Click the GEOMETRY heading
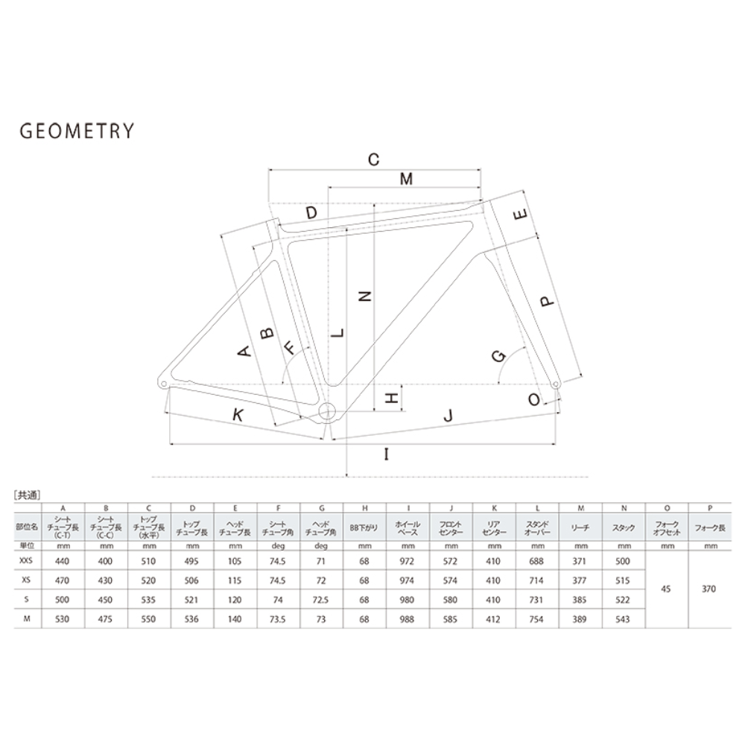click(77, 130)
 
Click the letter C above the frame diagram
click(374, 159)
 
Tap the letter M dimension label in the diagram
click(406, 179)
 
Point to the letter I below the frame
click(387, 454)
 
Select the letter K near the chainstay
click(238, 415)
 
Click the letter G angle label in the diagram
click(499, 356)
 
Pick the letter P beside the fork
click(548, 301)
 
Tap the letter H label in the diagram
click(391, 398)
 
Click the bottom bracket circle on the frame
click(327, 411)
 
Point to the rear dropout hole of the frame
click(163, 383)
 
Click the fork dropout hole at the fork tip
click(556, 384)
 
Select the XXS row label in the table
click(26, 561)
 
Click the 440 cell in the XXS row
click(63, 561)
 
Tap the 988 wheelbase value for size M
click(408, 619)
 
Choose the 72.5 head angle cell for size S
click(320, 600)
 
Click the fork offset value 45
click(666, 589)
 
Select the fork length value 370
click(709, 589)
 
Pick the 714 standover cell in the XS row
click(536, 580)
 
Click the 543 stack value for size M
click(622, 619)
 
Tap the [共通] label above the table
click(27, 495)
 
